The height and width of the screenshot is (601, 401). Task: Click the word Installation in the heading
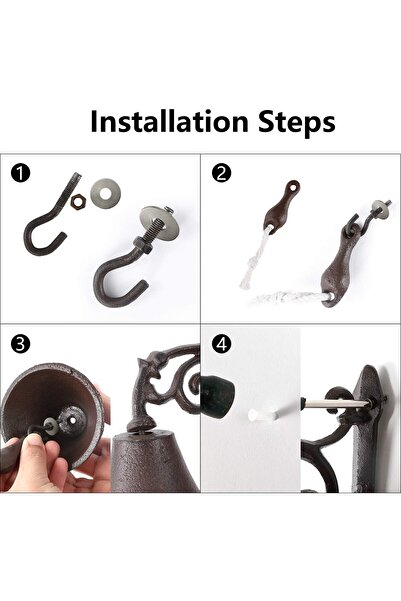click(x=169, y=122)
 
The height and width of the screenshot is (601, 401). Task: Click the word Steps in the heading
click(x=297, y=123)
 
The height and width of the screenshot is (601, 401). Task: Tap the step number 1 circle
click(x=21, y=174)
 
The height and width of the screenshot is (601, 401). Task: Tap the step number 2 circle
click(x=222, y=173)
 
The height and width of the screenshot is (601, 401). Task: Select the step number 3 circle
click(x=21, y=344)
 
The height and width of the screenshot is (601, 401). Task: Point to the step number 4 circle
click(x=222, y=344)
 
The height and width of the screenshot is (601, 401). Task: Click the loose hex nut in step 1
click(x=78, y=202)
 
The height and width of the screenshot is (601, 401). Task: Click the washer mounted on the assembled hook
click(x=159, y=222)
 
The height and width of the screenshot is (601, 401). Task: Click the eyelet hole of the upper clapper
click(x=294, y=187)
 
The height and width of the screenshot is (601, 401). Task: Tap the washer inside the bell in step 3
click(x=49, y=424)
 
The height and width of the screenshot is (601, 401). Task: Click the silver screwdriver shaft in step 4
click(x=337, y=403)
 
